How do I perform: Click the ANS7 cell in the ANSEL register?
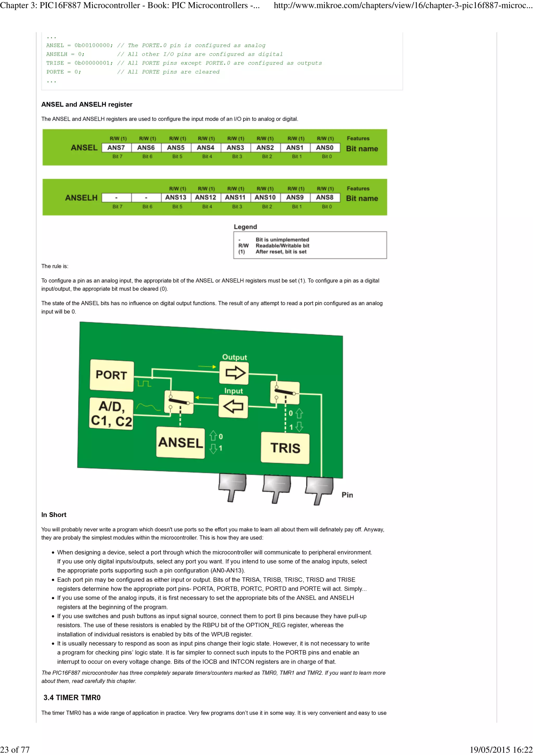[116, 148]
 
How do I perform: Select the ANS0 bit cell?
[325, 148]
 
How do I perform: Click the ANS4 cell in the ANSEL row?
[206, 148]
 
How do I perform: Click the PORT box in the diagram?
[111, 375]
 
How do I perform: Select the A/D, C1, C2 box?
[111, 414]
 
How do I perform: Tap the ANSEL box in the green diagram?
[180, 442]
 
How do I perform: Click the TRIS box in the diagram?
[285, 448]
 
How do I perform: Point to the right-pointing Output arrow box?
[234, 373]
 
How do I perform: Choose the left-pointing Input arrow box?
[233, 406]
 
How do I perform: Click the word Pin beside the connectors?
[347, 495]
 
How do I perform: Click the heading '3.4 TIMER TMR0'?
[72, 698]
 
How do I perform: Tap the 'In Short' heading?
[54, 515]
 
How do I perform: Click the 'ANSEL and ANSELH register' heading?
[87, 104]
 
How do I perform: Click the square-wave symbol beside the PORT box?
[144, 383]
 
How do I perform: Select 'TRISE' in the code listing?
[55, 63]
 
